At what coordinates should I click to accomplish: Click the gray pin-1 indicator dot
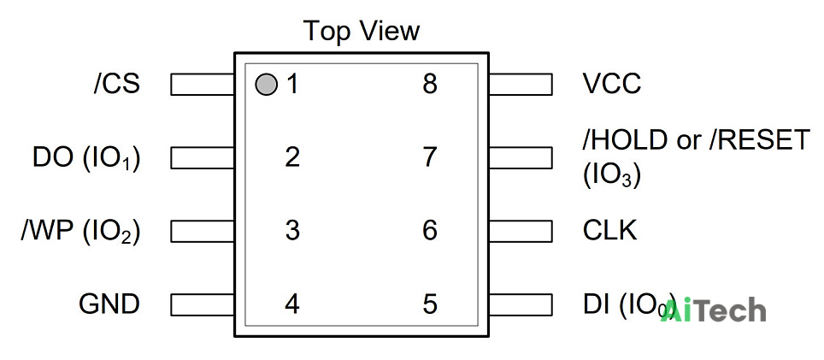click(x=266, y=84)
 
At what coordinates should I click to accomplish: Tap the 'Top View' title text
click(x=362, y=31)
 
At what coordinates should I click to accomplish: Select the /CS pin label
click(x=117, y=84)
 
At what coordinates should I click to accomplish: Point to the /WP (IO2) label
click(x=81, y=232)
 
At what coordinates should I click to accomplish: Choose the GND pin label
click(x=109, y=304)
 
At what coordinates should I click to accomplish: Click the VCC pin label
click(x=612, y=84)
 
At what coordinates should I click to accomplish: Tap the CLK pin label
click(x=609, y=231)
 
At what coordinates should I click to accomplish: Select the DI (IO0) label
click(x=629, y=305)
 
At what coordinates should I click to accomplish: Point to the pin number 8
click(x=430, y=84)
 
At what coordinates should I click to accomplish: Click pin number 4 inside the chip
click(x=292, y=304)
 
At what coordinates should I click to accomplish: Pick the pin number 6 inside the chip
click(x=430, y=231)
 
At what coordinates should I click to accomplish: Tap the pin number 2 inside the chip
click(x=292, y=157)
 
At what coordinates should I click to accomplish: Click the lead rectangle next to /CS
click(x=203, y=84)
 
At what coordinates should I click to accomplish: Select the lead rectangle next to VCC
click(x=521, y=84)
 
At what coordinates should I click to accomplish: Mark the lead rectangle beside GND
click(x=203, y=304)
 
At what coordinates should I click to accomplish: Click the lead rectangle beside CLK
click(x=521, y=231)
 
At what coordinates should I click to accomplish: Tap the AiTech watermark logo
click(x=713, y=310)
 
